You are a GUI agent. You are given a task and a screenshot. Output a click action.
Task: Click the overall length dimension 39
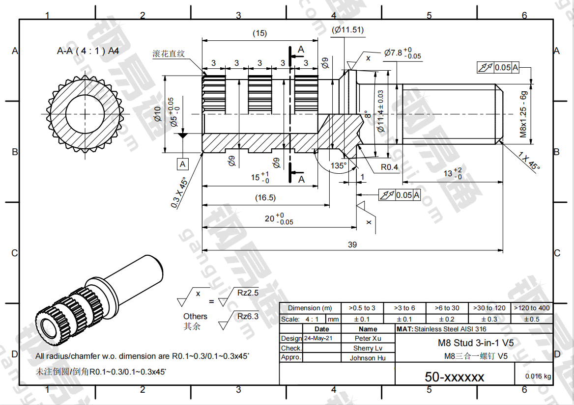click(x=352, y=244)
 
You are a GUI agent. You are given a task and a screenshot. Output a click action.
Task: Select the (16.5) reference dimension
click(x=265, y=198)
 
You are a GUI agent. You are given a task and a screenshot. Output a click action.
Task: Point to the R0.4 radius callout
click(x=389, y=167)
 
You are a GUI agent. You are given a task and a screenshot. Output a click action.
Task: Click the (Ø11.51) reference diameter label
click(x=347, y=30)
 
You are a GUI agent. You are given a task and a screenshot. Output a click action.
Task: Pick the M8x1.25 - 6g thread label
click(x=523, y=114)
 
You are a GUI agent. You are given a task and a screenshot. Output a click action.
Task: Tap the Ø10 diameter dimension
click(x=157, y=114)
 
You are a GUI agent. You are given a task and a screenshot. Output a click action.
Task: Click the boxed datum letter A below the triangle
click(x=183, y=163)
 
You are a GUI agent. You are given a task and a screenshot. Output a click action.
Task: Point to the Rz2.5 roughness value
click(x=248, y=293)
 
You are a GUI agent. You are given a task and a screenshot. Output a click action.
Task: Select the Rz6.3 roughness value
click(x=248, y=316)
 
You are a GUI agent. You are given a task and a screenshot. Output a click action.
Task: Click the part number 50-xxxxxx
click(x=455, y=377)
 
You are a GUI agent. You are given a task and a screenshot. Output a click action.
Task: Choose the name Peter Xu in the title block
click(x=368, y=338)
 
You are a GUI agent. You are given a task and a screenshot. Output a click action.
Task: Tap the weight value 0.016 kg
click(x=538, y=376)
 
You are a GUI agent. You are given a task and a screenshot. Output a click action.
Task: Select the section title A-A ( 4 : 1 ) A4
click(x=88, y=51)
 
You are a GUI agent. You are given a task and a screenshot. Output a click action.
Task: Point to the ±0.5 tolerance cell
click(x=531, y=319)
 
